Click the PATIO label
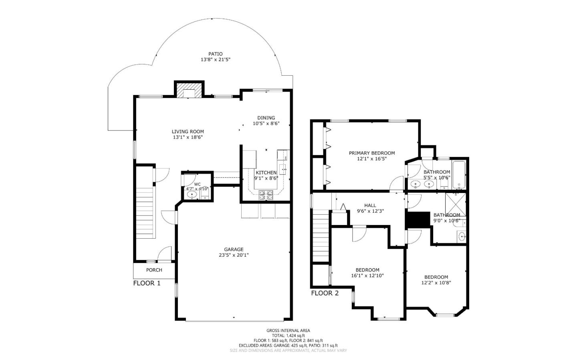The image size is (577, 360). tap(215, 54)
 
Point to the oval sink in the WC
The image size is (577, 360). tap(192, 195)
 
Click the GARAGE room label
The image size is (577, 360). tap(234, 249)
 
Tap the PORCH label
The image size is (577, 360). tap(154, 270)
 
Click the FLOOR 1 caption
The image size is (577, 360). tap(147, 283)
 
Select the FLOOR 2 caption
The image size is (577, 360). tap(325, 293)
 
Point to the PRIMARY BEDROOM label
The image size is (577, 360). tap(371, 153)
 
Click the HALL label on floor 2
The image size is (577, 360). tap(370, 205)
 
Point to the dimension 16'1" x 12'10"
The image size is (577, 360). tap(367, 276)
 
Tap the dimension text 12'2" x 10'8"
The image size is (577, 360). tap(436, 283)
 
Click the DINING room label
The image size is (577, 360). tap(266, 118)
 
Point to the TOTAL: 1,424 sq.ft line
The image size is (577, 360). tap(288, 336)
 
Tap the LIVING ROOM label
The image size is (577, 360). tap(188, 131)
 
